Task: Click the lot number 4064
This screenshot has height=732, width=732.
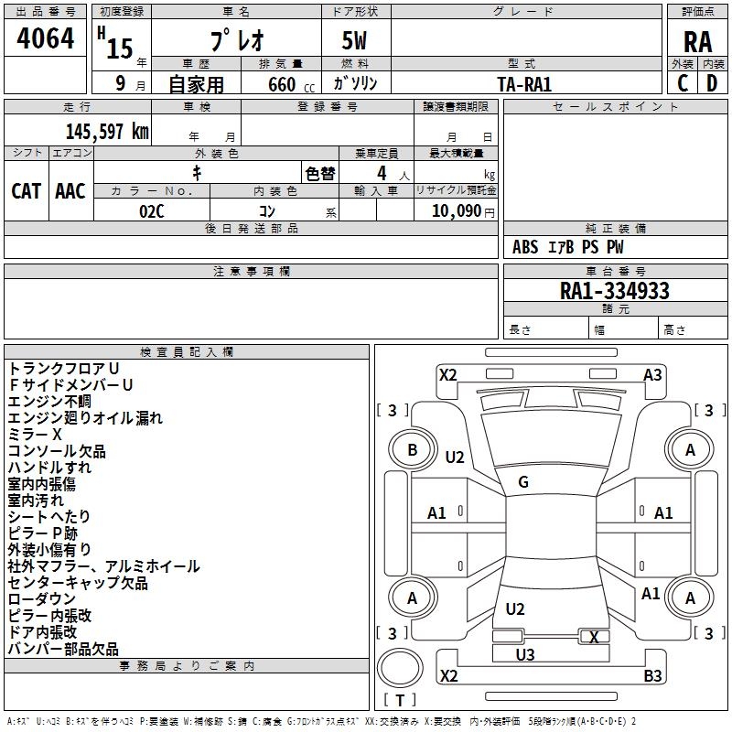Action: pyautogui.click(x=46, y=39)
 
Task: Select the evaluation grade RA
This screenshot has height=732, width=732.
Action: pyautogui.click(x=697, y=41)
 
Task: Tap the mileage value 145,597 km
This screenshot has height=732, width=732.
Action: pyautogui.click(x=107, y=131)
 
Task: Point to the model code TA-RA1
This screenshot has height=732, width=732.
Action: pyautogui.click(x=523, y=84)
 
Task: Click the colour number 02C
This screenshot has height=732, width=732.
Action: pyautogui.click(x=152, y=210)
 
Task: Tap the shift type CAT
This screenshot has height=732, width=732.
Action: pyautogui.click(x=26, y=191)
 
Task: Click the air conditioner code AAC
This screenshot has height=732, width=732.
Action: pyautogui.click(x=70, y=191)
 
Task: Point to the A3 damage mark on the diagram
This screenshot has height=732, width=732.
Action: pyautogui.click(x=652, y=374)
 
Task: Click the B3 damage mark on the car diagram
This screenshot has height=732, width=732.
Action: pyautogui.click(x=652, y=676)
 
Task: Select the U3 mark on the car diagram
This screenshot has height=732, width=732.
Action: pyautogui.click(x=525, y=654)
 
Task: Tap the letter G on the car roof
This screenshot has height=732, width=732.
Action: pyautogui.click(x=523, y=482)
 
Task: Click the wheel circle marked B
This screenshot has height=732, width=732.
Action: pyautogui.click(x=412, y=449)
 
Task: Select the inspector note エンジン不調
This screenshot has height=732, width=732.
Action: pyautogui.click(x=49, y=402)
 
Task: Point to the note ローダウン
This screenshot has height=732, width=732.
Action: pyautogui.click(x=42, y=599)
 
